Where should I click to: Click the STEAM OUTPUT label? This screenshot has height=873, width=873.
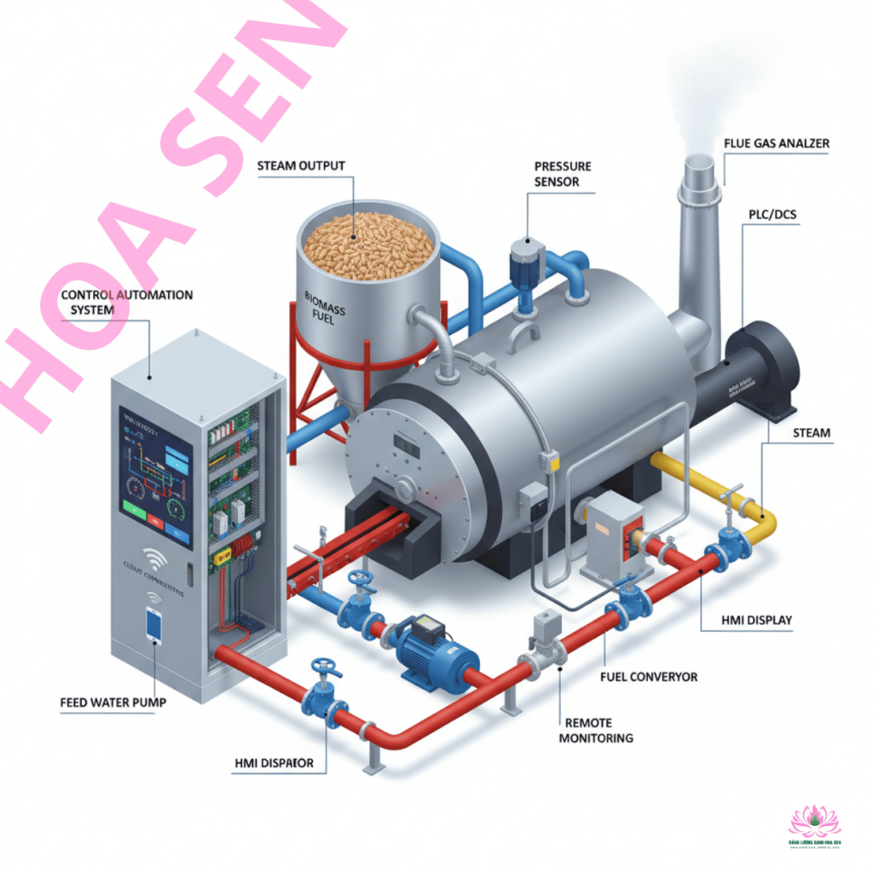(301, 165)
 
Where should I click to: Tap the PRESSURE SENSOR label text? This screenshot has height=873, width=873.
(562, 174)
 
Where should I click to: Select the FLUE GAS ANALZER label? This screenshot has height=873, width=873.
(776, 144)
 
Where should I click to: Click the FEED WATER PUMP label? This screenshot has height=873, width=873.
(113, 703)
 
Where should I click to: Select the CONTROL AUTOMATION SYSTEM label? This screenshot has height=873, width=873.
(127, 303)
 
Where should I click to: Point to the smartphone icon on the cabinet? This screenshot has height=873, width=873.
(153, 625)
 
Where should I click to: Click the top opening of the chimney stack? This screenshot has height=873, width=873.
(699, 162)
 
